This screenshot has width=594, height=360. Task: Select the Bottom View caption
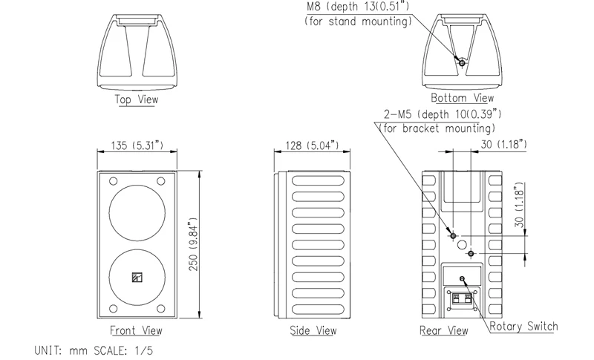[x=463, y=98]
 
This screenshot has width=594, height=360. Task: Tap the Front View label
[x=136, y=330]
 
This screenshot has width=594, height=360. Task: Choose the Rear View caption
[x=443, y=330]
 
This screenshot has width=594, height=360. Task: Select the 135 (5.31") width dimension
[x=136, y=145]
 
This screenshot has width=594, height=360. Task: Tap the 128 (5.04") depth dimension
[x=310, y=145]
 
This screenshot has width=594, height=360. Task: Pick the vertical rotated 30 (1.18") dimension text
[x=520, y=206]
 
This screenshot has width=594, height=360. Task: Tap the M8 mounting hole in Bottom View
[x=462, y=64]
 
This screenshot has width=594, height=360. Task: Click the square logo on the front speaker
[x=136, y=278]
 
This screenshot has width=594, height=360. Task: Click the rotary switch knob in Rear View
[x=463, y=279]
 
